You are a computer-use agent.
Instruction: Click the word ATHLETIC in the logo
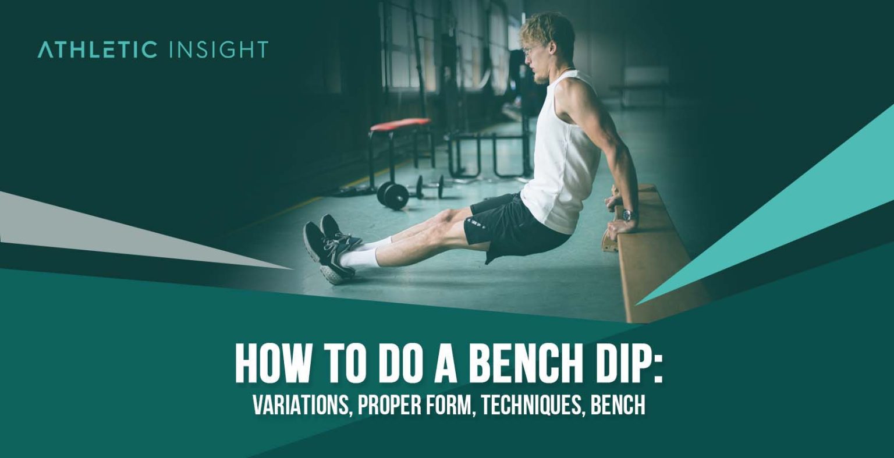[97, 50]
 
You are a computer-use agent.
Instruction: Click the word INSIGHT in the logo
[218, 50]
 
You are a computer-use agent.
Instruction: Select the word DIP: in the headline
[626, 364]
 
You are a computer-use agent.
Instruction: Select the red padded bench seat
[400, 125]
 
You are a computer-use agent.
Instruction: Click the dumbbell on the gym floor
[394, 194]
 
